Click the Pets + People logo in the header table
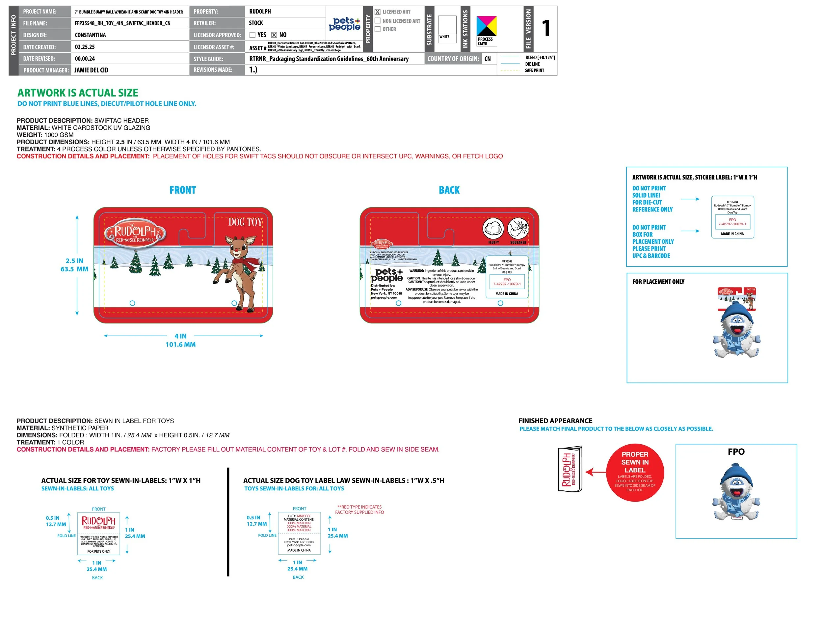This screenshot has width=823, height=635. [344, 24]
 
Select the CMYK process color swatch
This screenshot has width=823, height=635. [487, 26]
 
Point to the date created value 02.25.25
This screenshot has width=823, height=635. [85, 47]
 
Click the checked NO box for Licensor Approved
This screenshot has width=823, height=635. [274, 35]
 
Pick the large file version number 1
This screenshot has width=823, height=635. [546, 28]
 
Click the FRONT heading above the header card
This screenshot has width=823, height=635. [183, 190]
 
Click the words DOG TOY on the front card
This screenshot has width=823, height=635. [245, 222]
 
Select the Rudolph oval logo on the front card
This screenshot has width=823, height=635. [135, 233]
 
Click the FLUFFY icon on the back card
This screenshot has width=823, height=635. [493, 228]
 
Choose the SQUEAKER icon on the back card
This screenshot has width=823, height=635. [518, 228]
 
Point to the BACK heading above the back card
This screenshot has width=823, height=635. [449, 190]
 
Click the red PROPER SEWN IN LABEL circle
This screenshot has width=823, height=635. [635, 472]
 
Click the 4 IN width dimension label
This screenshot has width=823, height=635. [180, 336]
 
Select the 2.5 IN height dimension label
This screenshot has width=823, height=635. [74, 261]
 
